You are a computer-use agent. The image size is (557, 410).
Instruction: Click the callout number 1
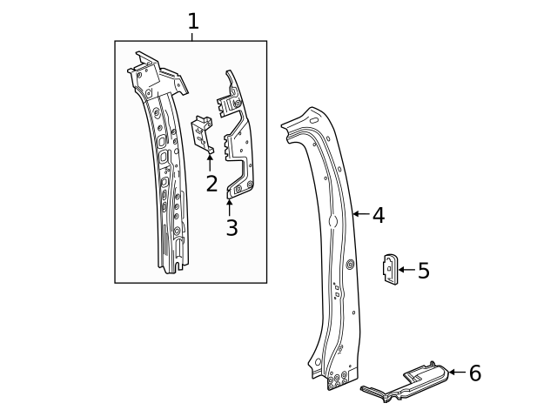pos(192,21)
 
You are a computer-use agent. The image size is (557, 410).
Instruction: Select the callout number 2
pos(211,184)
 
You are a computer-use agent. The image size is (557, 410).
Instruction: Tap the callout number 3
pos(232,228)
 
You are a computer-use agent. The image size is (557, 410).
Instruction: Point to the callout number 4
pos(378,214)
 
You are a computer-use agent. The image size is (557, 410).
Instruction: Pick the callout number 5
pos(423,271)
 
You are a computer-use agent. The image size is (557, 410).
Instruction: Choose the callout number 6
pos(474,373)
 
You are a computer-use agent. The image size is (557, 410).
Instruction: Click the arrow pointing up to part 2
pos(210,163)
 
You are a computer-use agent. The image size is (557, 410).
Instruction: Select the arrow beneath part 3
pos(230,207)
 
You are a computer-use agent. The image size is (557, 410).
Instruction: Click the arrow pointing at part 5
pos(406,271)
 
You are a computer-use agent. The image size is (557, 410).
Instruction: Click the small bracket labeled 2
pos(203,134)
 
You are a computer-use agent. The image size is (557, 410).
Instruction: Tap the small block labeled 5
pos(390,268)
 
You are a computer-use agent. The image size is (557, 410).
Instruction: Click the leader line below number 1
pos(192,36)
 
